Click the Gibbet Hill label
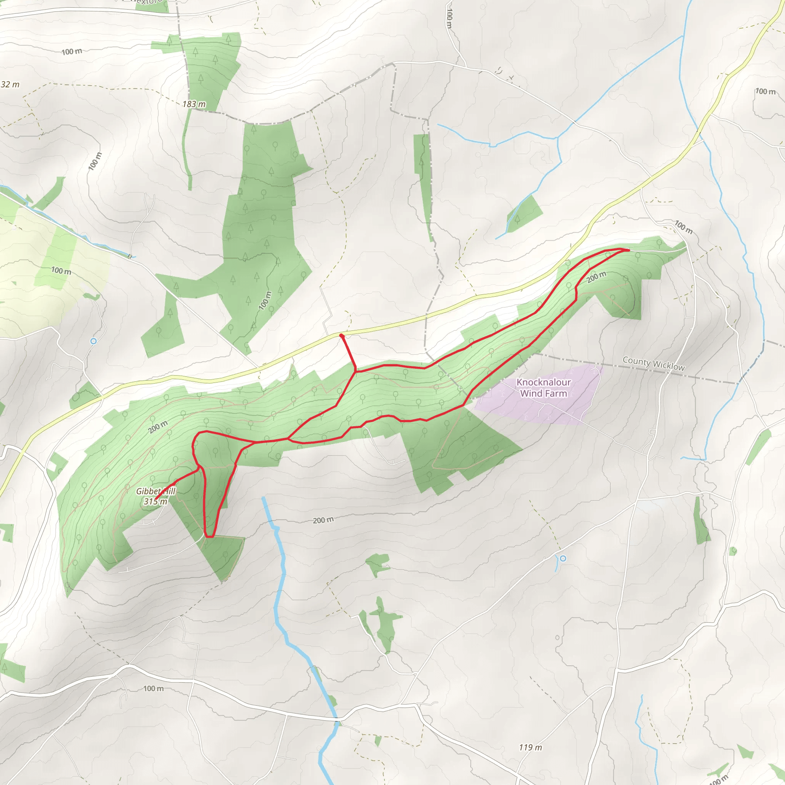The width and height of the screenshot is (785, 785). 156,491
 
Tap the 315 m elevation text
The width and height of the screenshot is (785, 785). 155,501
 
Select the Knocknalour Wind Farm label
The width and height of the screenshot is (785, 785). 543,388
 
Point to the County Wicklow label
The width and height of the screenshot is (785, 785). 654,363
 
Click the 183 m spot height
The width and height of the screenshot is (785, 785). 194,104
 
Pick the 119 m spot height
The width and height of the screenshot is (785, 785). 530,747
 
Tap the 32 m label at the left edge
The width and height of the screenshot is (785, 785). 10,84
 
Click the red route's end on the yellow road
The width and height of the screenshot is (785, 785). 341,336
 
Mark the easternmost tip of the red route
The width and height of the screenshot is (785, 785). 629,250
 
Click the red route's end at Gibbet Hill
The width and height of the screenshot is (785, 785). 156,499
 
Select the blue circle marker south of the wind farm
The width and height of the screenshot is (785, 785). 563,559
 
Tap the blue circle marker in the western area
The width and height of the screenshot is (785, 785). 94,341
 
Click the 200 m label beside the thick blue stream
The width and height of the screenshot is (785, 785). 323,520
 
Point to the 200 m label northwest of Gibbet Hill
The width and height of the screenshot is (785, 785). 158,427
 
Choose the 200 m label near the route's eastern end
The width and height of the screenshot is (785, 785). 596,277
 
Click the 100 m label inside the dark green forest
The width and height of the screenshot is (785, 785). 265,301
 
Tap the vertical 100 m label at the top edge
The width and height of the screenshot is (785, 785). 449,18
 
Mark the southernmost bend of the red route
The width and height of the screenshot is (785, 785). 209,537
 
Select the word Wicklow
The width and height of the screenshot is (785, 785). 668,366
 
